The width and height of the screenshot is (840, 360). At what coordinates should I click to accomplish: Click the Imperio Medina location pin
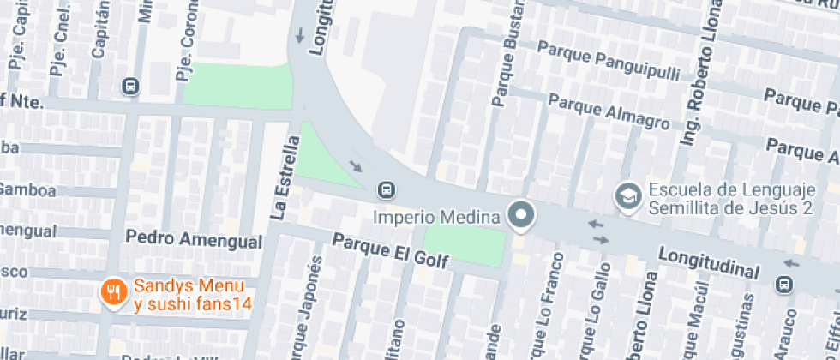click(x=520, y=214)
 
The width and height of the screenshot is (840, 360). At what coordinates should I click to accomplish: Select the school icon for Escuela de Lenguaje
click(x=629, y=196)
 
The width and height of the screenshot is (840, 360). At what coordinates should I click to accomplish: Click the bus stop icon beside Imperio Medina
click(x=386, y=189)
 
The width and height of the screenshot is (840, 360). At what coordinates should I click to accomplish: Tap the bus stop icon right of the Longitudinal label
click(x=784, y=284)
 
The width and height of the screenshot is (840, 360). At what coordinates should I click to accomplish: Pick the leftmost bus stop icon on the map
click(x=130, y=86)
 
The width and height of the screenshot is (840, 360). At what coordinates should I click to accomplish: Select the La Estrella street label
click(x=286, y=178)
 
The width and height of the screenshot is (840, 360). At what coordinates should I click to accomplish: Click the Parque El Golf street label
click(x=391, y=250)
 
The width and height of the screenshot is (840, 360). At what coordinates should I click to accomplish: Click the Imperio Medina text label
click(x=437, y=216)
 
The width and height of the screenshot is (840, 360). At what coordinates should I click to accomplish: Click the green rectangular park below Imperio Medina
click(x=465, y=245)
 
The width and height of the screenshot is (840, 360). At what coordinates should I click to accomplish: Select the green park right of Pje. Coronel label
click(x=238, y=85)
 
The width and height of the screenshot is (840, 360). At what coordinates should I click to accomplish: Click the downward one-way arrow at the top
click(x=300, y=36)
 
